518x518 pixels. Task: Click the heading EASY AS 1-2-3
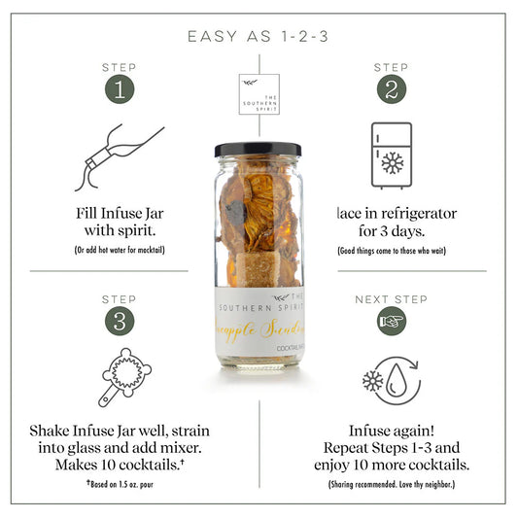[259, 37]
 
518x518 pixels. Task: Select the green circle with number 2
[391, 88]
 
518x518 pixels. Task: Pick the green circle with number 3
[119, 321]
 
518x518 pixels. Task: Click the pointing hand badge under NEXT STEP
[392, 321]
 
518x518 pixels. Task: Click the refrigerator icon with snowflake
[391, 155]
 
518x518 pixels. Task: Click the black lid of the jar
[258, 150]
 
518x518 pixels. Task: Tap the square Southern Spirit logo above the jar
[259, 94]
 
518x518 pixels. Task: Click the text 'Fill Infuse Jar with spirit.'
[119, 223]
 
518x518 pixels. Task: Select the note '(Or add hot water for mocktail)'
[119, 251]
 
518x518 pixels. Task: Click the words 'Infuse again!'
[391, 431]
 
